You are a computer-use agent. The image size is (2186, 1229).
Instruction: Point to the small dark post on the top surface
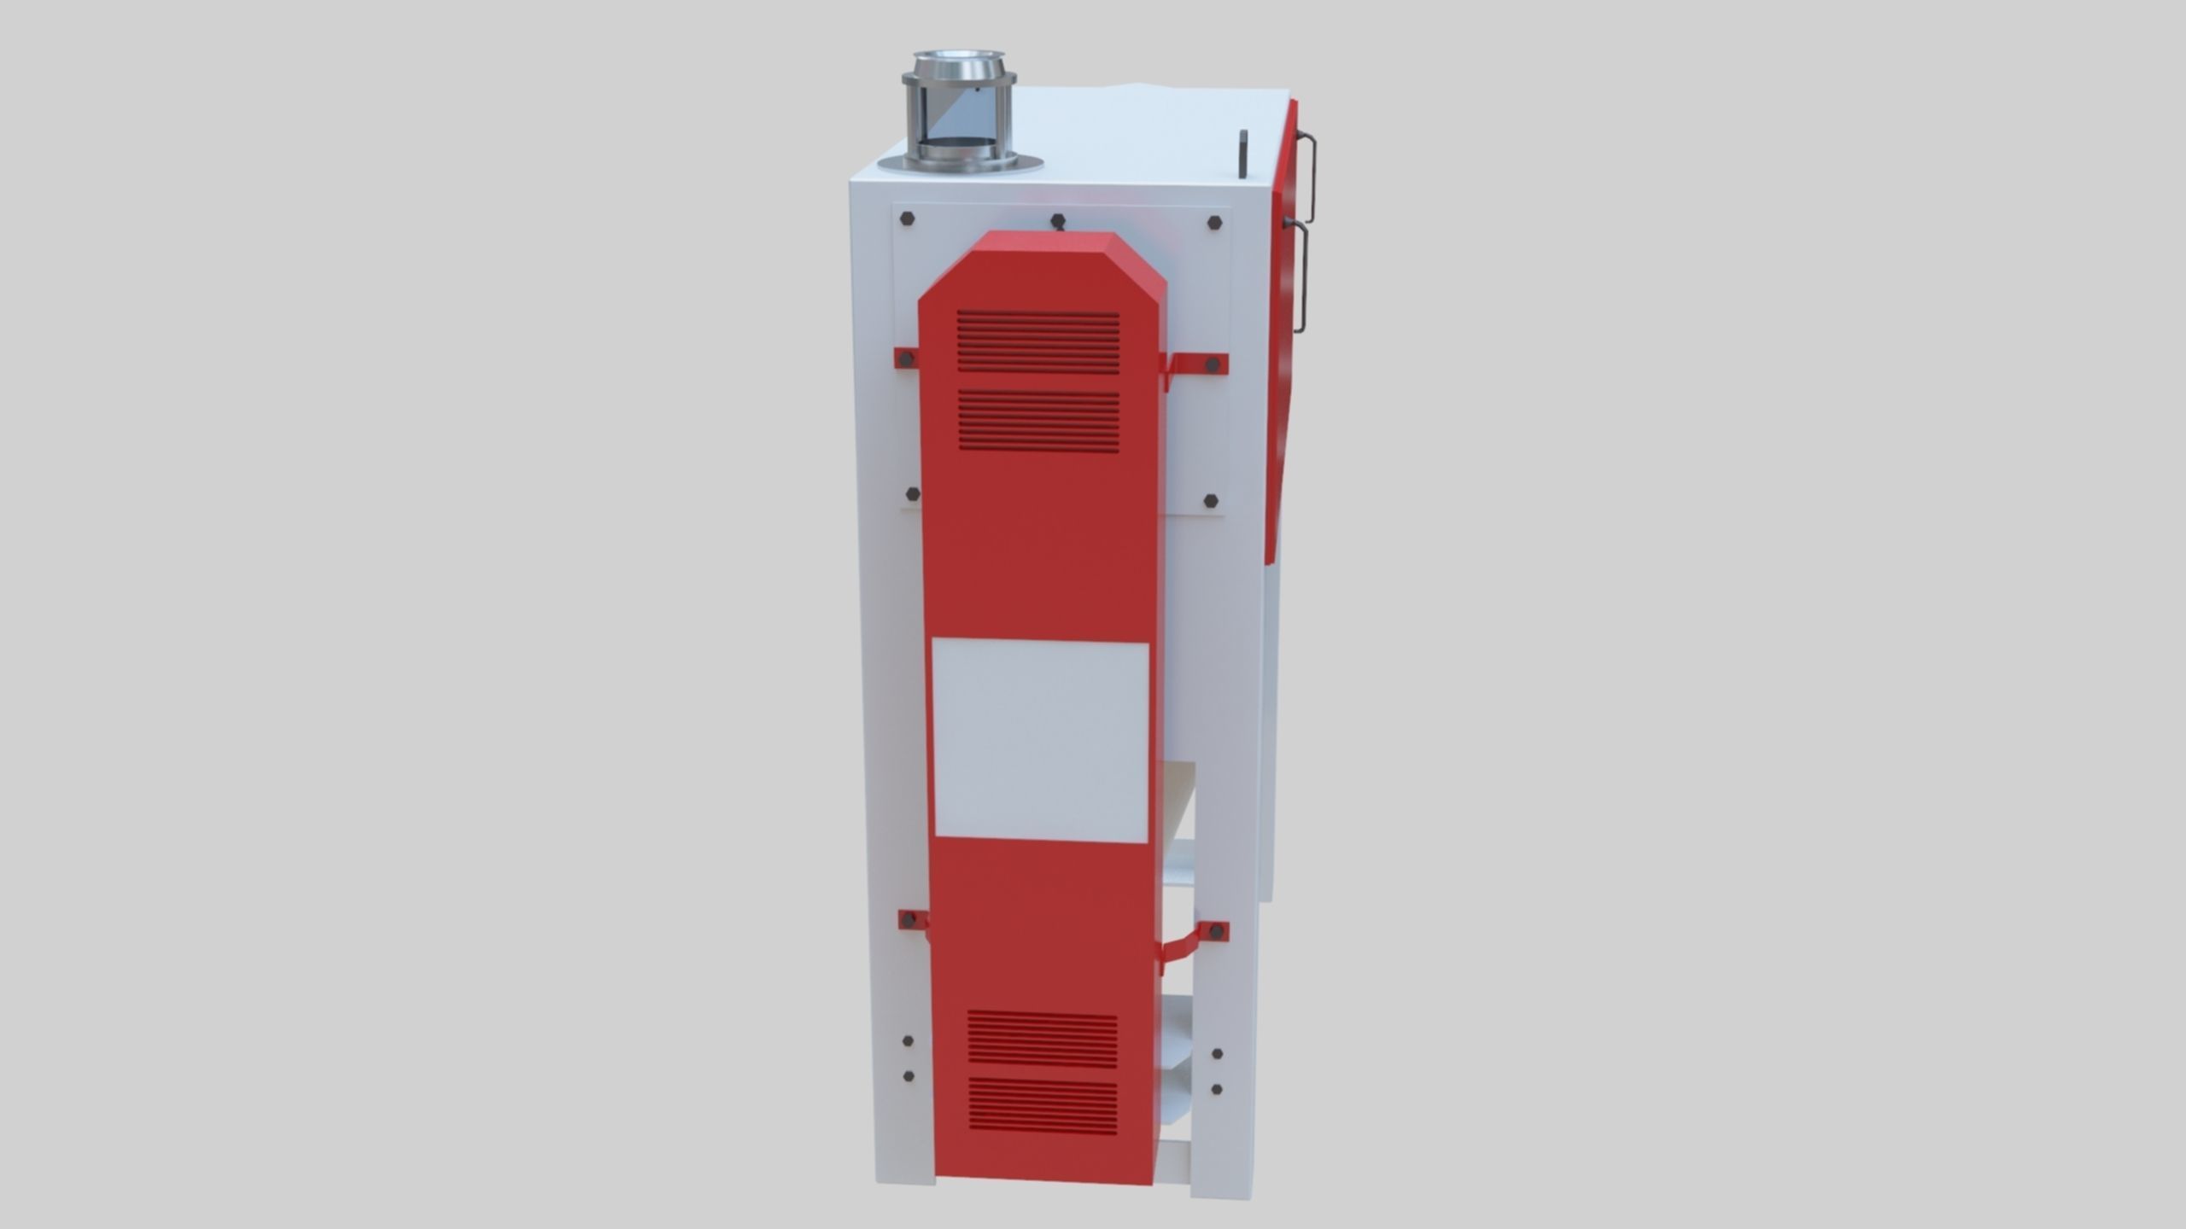point(1243,154)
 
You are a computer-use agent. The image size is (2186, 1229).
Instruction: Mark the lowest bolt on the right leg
point(1217,1090)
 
